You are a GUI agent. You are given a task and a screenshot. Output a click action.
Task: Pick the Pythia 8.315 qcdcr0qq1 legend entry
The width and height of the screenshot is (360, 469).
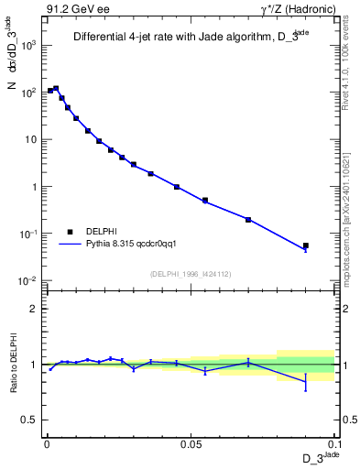136,244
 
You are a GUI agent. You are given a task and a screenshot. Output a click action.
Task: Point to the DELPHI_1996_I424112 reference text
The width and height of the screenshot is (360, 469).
191,272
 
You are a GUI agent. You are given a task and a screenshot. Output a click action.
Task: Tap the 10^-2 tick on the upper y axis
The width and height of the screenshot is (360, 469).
31,281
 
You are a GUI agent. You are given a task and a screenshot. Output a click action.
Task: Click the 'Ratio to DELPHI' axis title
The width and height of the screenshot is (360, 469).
12,364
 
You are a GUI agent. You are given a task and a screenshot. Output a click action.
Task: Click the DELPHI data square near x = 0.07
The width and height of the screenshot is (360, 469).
248,219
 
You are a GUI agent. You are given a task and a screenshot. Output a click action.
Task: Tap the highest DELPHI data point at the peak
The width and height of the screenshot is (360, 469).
56,89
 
